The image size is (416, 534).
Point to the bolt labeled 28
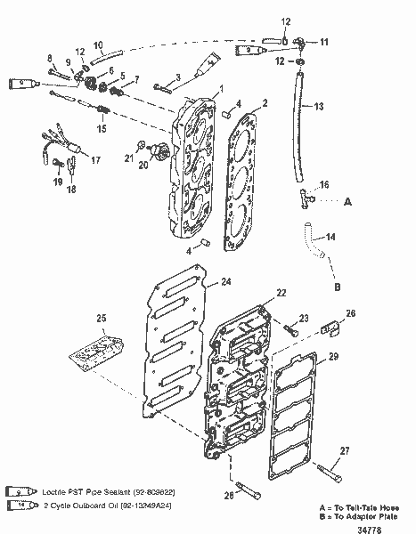250,493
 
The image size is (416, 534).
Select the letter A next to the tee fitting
348,202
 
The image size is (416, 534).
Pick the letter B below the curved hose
338,287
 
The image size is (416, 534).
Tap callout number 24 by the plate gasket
226,282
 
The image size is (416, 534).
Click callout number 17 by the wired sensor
95,160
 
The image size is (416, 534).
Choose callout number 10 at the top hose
99,44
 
